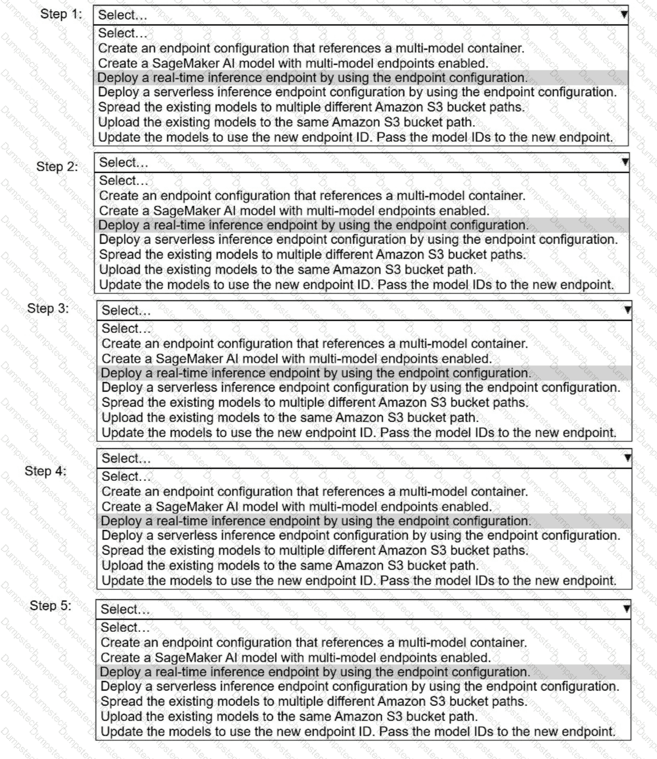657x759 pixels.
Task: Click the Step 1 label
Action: tap(61, 14)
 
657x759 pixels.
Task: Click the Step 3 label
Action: tap(48, 309)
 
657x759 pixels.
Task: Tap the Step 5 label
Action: tap(50, 605)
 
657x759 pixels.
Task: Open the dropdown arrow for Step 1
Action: tap(624, 15)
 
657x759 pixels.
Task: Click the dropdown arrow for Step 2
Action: tap(625, 162)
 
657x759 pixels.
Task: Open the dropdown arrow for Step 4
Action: tap(628, 458)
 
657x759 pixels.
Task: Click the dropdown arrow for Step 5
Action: tap(627, 609)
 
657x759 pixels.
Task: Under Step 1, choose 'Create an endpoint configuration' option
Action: tap(311, 48)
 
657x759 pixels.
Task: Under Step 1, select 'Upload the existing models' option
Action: tap(286, 122)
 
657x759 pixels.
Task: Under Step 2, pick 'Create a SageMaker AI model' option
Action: tap(294, 210)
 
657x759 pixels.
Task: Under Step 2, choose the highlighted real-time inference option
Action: tap(313, 225)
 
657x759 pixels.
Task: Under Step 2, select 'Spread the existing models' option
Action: tap(312, 254)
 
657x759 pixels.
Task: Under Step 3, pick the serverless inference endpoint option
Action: tap(360, 388)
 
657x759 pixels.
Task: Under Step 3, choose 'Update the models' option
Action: tap(359, 433)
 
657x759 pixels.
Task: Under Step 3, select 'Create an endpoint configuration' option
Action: tap(314, 344)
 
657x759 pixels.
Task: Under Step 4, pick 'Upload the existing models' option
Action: tap(290, 565)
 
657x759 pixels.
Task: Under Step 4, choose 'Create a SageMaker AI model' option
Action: tap(297, 506)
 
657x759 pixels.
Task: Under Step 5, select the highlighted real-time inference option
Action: tap(315, 672)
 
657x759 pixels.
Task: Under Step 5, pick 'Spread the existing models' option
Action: tap(314, 701)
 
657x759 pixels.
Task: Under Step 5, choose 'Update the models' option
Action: tap(358, 732)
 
